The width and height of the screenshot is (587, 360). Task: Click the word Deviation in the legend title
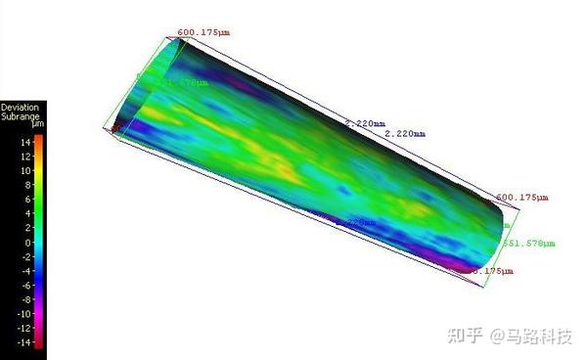20,106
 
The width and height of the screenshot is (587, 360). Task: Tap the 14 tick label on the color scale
26,141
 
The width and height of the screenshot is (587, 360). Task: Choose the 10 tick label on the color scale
26,170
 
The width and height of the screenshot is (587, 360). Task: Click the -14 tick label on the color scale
25,342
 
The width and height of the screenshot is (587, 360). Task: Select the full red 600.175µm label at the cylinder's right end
522,197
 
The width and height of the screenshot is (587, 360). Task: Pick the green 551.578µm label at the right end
527,242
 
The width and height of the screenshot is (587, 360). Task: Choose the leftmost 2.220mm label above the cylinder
363,123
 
